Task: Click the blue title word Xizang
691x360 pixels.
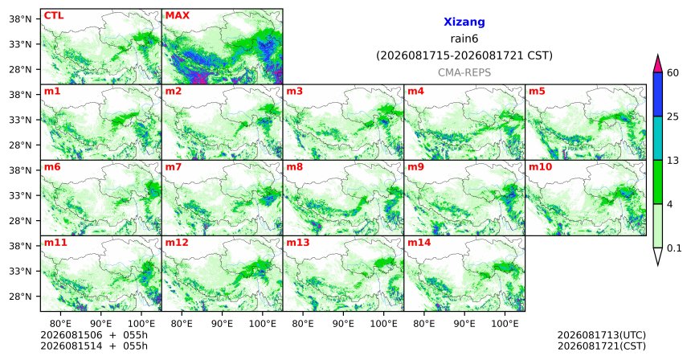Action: coord(464,22)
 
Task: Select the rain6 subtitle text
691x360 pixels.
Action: coord(464,39)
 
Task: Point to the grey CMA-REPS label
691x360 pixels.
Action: coord(464,72)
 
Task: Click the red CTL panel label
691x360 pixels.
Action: coord(54,16)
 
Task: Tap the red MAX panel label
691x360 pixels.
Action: coord(177,16)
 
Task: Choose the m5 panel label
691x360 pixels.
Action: coord(537,92)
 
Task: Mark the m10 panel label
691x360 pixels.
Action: coord(540,167)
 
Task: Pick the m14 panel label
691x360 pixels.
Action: coord(419,243)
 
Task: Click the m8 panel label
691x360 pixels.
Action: coord(294,167)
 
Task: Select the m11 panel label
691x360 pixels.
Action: coord(55,243)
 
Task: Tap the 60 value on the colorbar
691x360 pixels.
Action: coord(673,73)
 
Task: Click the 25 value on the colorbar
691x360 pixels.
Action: coord(673,117)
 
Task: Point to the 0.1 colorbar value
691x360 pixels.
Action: coord(674,248)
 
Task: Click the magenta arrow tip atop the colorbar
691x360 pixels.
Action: coord(658,55)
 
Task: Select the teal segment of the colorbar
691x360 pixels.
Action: coord(658,138)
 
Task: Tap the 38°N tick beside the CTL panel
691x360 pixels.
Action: coord(20,19)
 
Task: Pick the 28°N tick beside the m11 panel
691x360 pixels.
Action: coord(20,296)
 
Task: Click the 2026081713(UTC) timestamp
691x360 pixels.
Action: coord(602,336)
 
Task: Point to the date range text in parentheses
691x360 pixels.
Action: coord(464,56)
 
